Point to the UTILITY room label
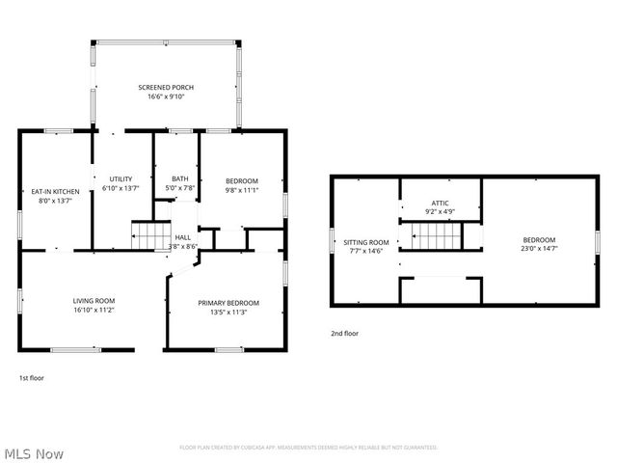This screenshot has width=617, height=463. (x=121, y=179)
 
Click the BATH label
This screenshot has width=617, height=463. (x=180, y=178)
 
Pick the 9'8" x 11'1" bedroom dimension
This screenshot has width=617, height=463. (x=242, y=190)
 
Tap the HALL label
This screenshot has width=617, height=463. (x=183, y=237)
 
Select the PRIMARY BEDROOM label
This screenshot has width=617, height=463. (x=228, y=303)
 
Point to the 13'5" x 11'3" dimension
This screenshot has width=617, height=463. (x=228, y=313)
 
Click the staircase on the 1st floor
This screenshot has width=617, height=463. (x=149, y=235)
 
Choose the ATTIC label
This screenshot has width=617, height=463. (x=440, y=203)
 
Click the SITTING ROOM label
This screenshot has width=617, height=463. (x=367, y=242)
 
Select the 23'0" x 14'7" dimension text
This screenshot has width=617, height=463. (x=539, y=249)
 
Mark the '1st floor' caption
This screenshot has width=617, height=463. (x=32, y=378)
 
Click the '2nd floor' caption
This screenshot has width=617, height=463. (x=344, y=333)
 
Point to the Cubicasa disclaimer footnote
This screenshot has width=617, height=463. (x=308, y=448)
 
